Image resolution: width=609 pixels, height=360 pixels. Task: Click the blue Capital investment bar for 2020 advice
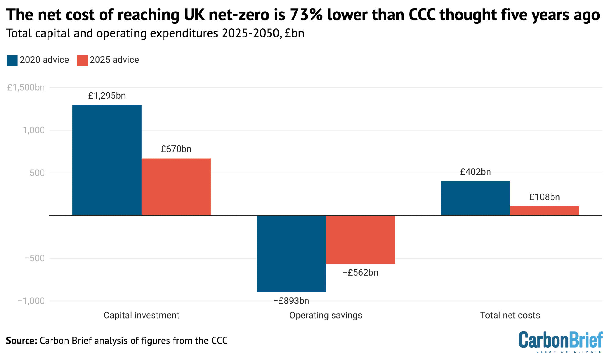(x=107, y=160)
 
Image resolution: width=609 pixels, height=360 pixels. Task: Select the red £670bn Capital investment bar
(x=176, y=187)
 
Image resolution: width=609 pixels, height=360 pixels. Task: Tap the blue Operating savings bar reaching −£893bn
(x=291, y=253)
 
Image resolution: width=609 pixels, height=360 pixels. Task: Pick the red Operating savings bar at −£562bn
(x=360, y=239)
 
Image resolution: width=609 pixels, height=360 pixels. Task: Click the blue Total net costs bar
(x=475, y=198)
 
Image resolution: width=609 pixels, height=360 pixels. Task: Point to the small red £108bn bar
(x=544, y=211)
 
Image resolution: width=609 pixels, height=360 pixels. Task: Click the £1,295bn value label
(x=107, y=96)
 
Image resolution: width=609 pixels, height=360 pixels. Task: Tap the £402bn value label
(x=475, y=172)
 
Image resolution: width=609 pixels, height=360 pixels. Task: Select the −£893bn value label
(x=291, y=301)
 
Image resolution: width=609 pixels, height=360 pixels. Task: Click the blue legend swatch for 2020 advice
(x=12, y=60)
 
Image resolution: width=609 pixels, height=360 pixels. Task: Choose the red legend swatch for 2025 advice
(x=82, y=60)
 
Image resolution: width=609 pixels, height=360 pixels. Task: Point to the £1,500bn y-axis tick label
(x=26, y=88)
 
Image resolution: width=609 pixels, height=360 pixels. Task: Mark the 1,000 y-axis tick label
(x=33, y=130)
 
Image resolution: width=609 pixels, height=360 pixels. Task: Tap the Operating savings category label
(x=326, y=315)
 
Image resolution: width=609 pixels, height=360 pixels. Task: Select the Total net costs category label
(x=510, y=315)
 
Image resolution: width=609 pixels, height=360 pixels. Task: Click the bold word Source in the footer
(x=21, y=341)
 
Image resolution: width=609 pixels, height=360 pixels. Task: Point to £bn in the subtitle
(x=294, y=33)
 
